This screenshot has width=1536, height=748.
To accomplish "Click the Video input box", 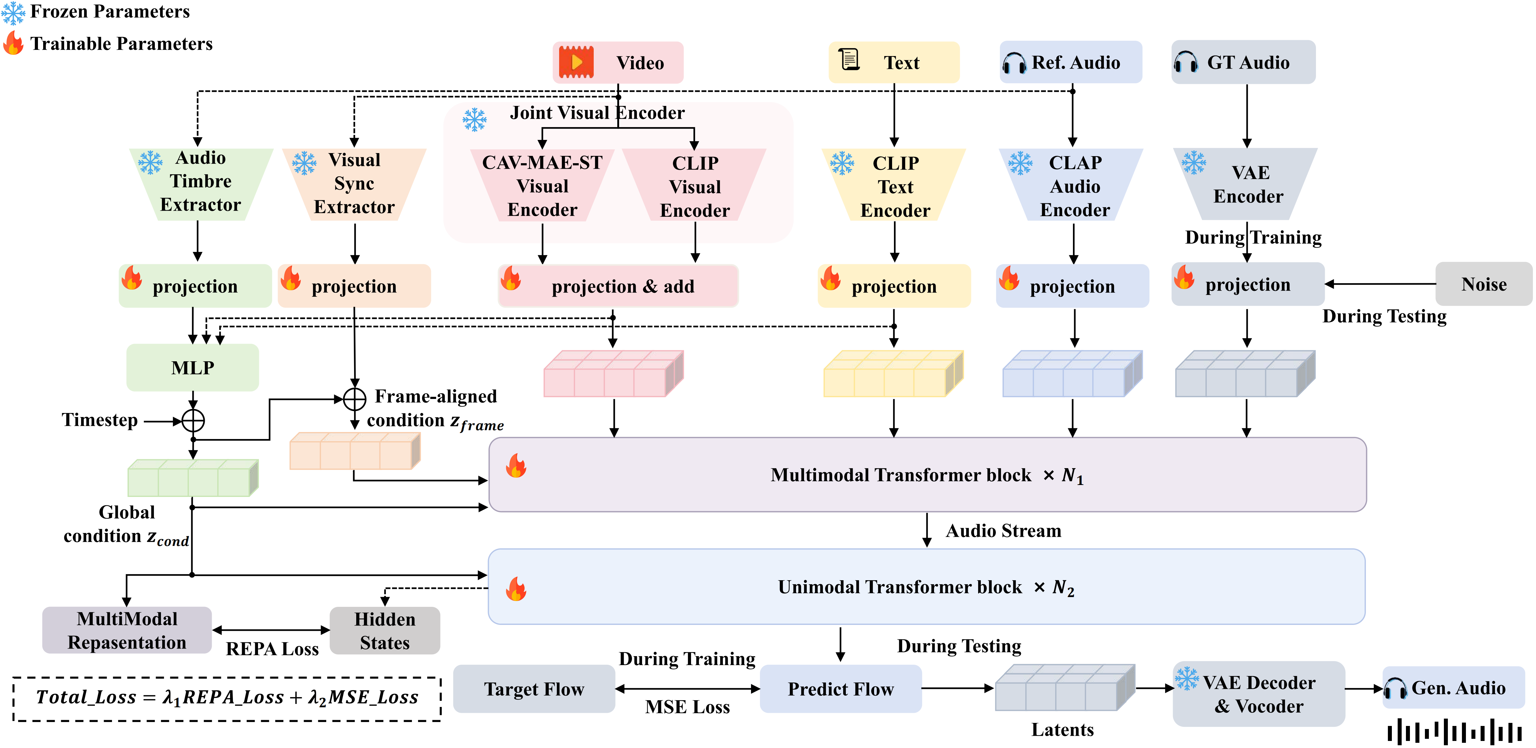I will click(618, 63).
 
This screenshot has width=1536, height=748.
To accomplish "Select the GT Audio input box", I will click(1243, 62).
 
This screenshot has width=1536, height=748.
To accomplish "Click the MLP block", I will click(192, 367).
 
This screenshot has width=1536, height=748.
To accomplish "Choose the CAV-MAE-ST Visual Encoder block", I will click(542, 186).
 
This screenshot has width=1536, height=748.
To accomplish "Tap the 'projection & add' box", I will click(618, 286).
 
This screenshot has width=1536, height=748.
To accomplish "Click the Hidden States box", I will click(385, 630).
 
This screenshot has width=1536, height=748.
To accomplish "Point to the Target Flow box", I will click(534, 689).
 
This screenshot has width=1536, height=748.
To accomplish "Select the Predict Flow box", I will click(840, 689).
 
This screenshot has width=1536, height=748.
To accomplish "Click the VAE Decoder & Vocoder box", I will click(1258, 694).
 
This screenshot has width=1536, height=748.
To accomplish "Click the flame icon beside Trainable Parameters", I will click(13, 43).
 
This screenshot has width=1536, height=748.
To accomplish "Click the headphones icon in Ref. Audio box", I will click(1014, 63).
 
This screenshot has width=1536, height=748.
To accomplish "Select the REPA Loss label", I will click(272, 649).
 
